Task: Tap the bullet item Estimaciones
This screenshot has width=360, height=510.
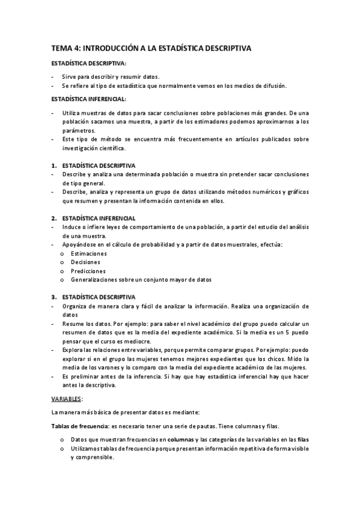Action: [88, 253]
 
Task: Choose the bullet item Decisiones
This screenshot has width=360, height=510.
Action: [85, 262]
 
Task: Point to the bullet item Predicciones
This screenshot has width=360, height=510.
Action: [88, 271]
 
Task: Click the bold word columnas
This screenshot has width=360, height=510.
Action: [181, 440]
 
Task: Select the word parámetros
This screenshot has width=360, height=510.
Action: [78, 130]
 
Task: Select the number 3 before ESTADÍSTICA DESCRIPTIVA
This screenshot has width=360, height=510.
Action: [52, 296]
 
